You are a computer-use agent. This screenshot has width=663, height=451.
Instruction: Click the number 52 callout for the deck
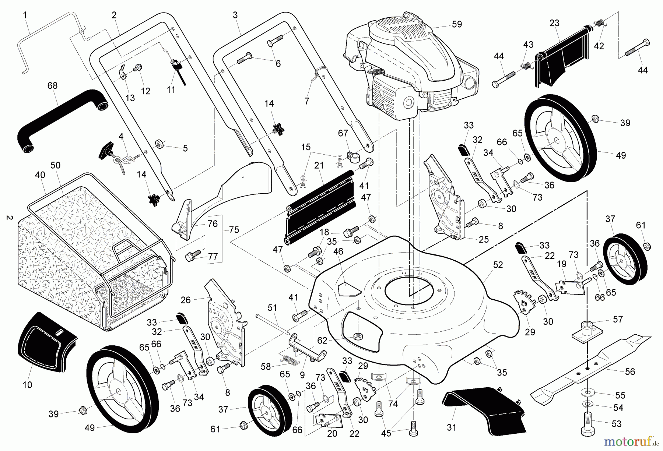(498, 265)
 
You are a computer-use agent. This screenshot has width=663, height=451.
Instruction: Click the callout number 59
(456, 25)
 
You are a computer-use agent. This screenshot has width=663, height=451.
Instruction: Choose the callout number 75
(234, 230)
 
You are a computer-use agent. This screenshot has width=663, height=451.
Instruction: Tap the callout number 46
(338, 252)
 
